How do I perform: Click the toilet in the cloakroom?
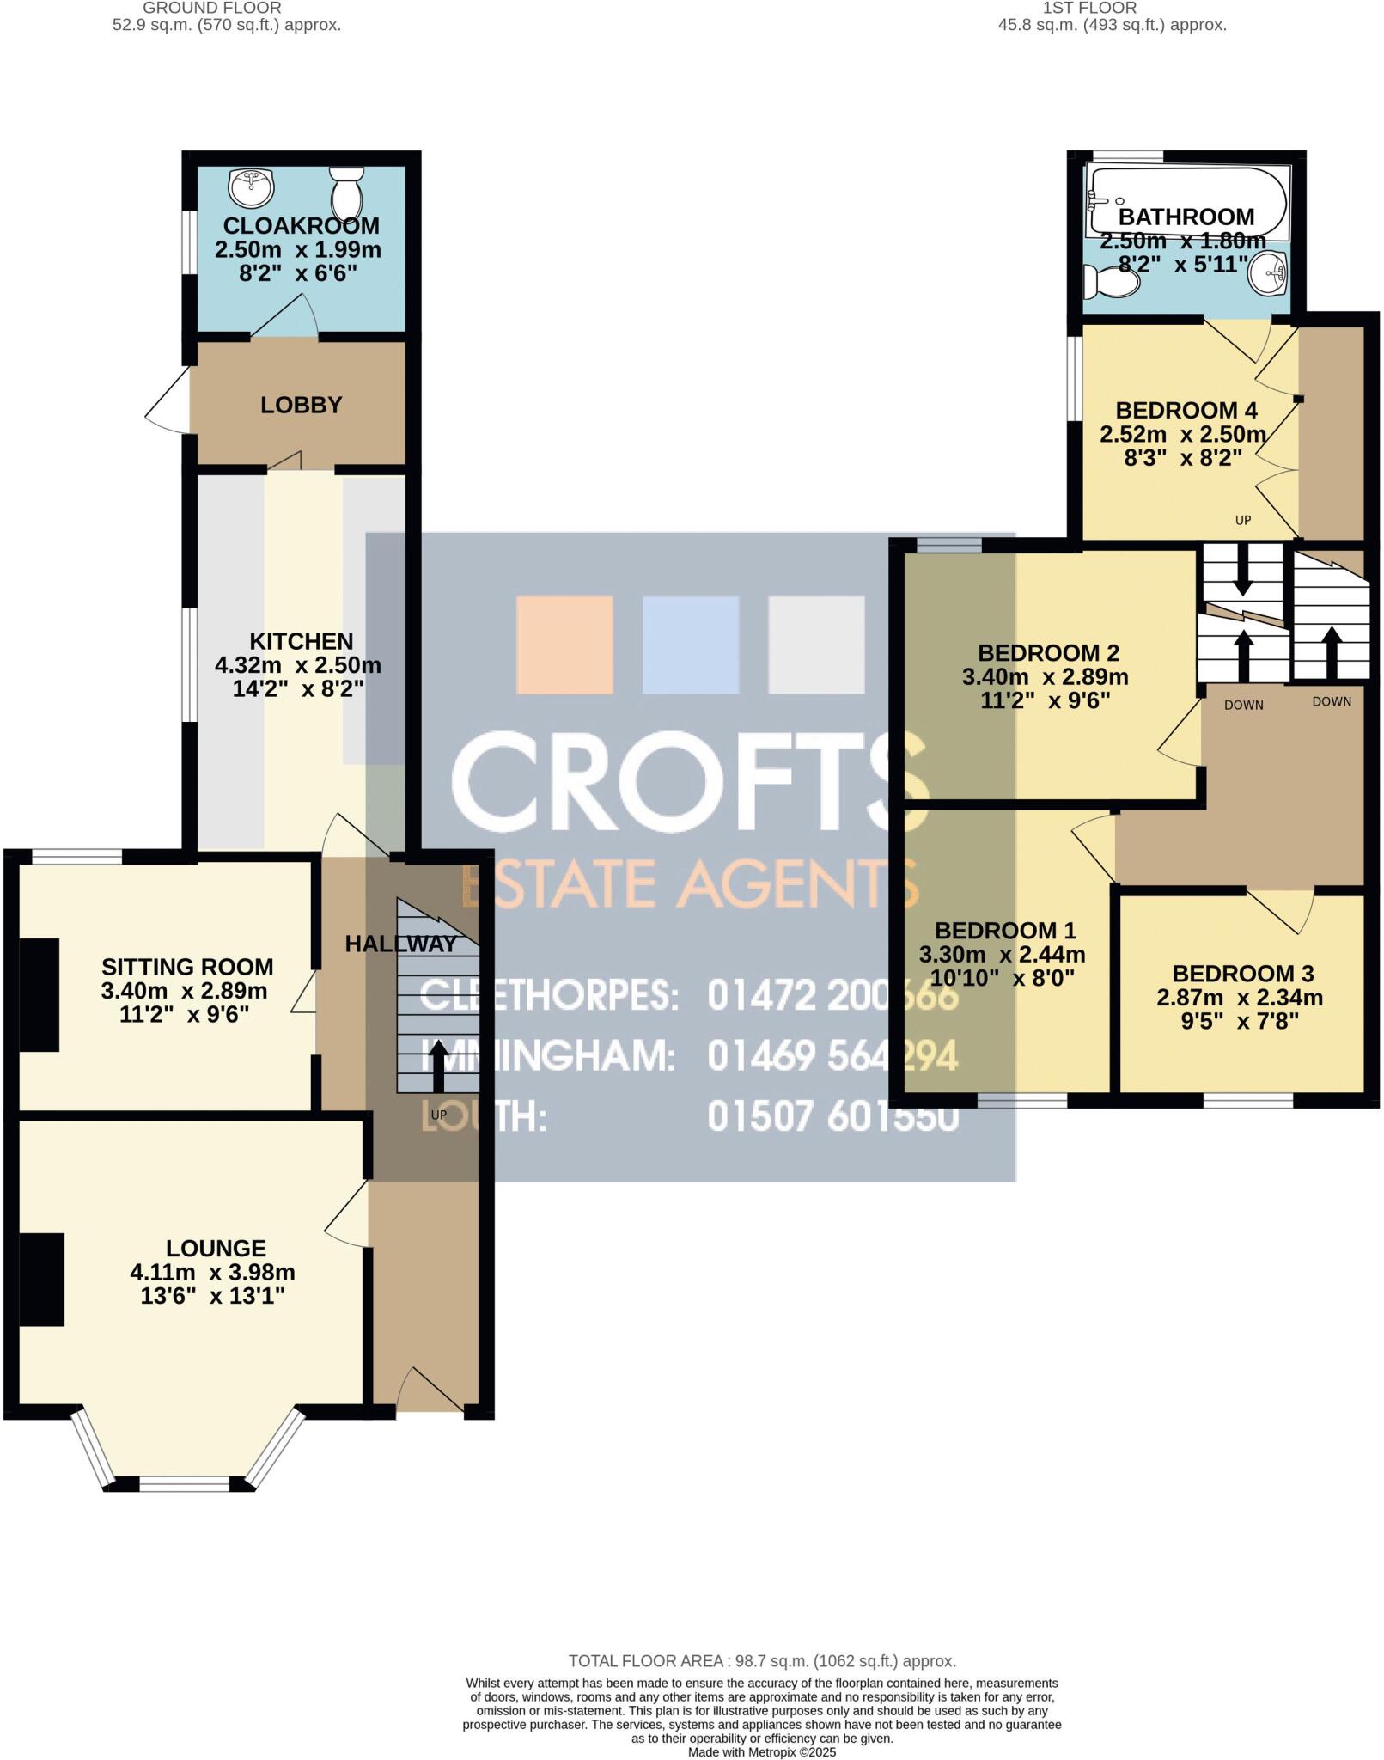click(346, 192)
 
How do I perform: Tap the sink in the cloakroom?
click(251, 184)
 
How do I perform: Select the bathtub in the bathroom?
click(1186, 203)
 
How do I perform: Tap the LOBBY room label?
click(301, 405)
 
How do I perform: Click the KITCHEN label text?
click(301, 641)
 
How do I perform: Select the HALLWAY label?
click(400, 944)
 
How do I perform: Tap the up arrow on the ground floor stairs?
click(438, 1065)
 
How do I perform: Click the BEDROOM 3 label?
click(1242, 974)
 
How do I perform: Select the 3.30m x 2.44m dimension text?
click(1002, 954)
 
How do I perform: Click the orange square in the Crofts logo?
click(564, 645)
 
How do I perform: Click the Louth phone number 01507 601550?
click(832, 1117)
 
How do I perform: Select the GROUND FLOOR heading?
click(212, 8)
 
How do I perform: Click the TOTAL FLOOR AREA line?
click(762, 1661)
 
